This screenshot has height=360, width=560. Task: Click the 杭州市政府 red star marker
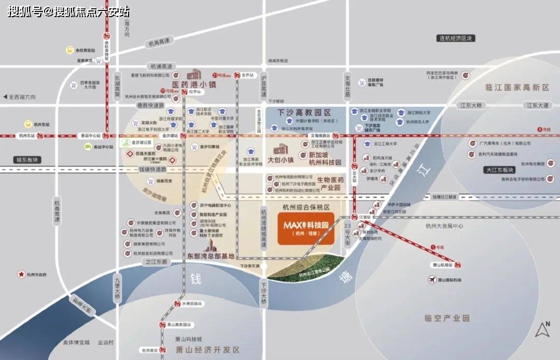pyautogui.click(x=21, y=274)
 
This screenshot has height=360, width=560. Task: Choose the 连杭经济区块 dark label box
pyautogui.click(x=456, y=38)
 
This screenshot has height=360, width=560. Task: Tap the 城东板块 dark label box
pyautogui.click(x=27, y=160)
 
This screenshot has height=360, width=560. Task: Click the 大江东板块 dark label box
pyautogui.click(x=500, y=170)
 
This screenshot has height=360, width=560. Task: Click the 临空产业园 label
pyautogui.click(x=446, y=318)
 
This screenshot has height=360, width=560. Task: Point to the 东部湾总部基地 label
pyautogui.click(x=211, y=256)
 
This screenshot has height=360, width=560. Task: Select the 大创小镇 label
pyautogui.click(x=281, y=160)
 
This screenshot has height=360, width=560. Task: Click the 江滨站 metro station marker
pyautogui.click(x=355, y=217)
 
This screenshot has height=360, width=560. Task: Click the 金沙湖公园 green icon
pyautogui.click(x=125, y=142)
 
